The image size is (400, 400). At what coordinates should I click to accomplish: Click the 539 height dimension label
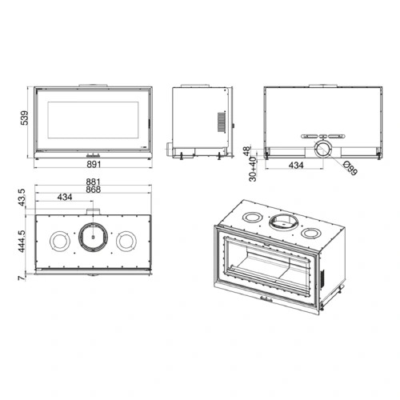click(24, 118)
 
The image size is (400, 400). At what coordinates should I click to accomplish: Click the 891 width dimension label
click(94, 164)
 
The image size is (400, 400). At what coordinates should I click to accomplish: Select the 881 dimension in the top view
click(93, 182)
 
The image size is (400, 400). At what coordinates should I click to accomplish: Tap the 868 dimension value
click(93, 190)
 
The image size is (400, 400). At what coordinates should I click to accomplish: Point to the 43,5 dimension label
click(22, 198)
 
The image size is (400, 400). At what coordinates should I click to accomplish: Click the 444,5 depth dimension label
click(22, 242)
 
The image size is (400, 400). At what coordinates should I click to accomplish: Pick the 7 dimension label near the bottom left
click(21, 278)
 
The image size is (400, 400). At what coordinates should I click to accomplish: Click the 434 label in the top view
click(65, 197)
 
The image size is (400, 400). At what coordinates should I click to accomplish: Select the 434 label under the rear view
click(296, 166)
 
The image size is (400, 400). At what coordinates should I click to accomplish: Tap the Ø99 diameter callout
click(350, 168)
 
